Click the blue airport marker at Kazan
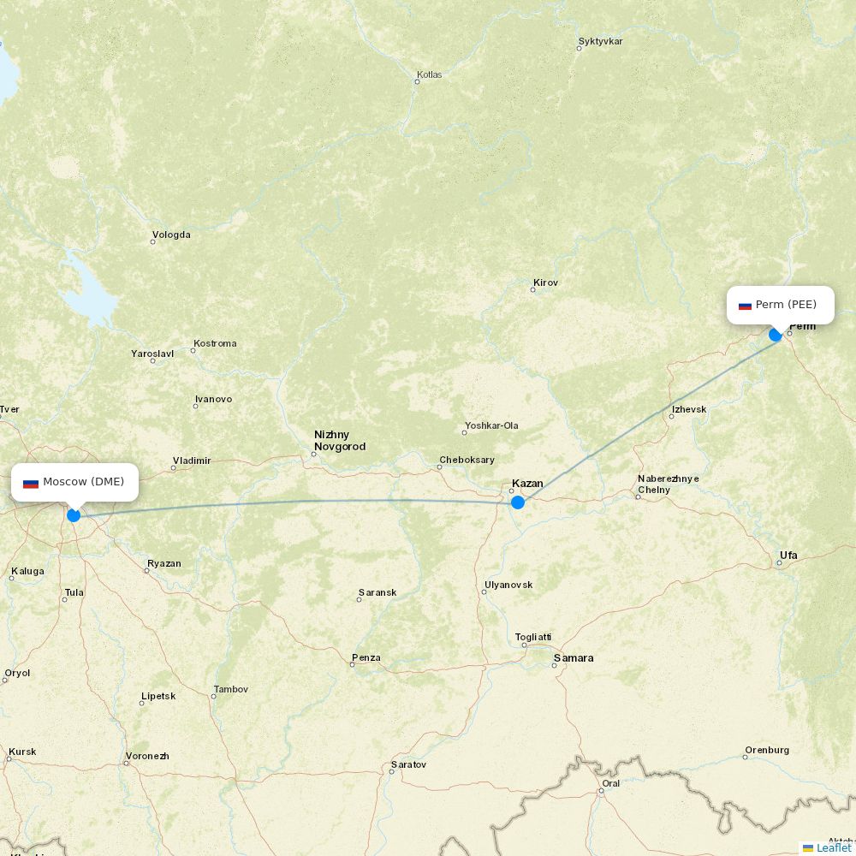(517, 502)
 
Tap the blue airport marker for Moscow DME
(74, 515)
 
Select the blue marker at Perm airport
(776, 335)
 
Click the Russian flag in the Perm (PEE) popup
(745, 306)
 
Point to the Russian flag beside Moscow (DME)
(31, 484)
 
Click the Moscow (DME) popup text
(83, 482)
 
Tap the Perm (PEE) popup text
(786, 305)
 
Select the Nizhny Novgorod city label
(340, 441)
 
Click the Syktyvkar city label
(600, 41)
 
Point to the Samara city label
(574, 658)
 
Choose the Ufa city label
(788, 556)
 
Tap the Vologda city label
(171, 235)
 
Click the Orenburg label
(767, 751)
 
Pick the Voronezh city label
(147, 757)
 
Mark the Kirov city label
(545, 282)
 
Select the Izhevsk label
(689, 409)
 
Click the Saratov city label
(408, 764)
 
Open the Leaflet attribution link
(833, 847)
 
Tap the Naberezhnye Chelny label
(668, 484)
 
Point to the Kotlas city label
(429, 74)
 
